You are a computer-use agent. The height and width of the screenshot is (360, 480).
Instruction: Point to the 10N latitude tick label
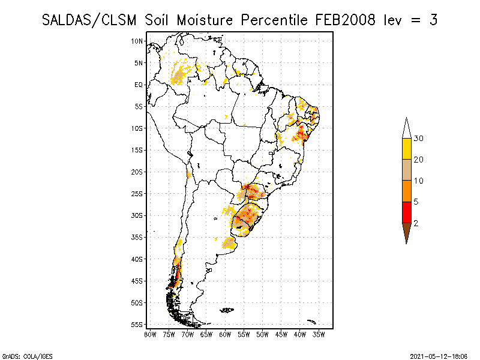137,41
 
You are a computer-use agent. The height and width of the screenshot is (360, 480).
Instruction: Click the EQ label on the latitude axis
139,85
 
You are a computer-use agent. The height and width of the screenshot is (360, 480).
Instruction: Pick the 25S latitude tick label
137,194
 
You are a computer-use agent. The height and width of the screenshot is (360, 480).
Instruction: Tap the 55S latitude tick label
137,325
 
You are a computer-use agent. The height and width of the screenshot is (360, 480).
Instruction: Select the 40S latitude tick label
137,259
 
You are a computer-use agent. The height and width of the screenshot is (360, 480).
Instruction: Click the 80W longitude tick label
151,334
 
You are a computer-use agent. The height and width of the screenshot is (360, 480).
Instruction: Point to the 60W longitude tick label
225,334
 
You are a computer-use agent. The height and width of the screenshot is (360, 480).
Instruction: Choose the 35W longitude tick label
319,334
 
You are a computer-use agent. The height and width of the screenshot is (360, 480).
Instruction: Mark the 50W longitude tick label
262,334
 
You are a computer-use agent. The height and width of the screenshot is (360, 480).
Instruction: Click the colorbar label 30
419,139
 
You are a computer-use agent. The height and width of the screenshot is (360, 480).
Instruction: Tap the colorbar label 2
415,223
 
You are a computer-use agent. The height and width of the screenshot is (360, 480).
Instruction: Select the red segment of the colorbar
406,212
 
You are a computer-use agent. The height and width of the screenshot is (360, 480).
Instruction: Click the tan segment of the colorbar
406,170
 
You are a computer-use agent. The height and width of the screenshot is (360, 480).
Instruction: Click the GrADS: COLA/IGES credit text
20,356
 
